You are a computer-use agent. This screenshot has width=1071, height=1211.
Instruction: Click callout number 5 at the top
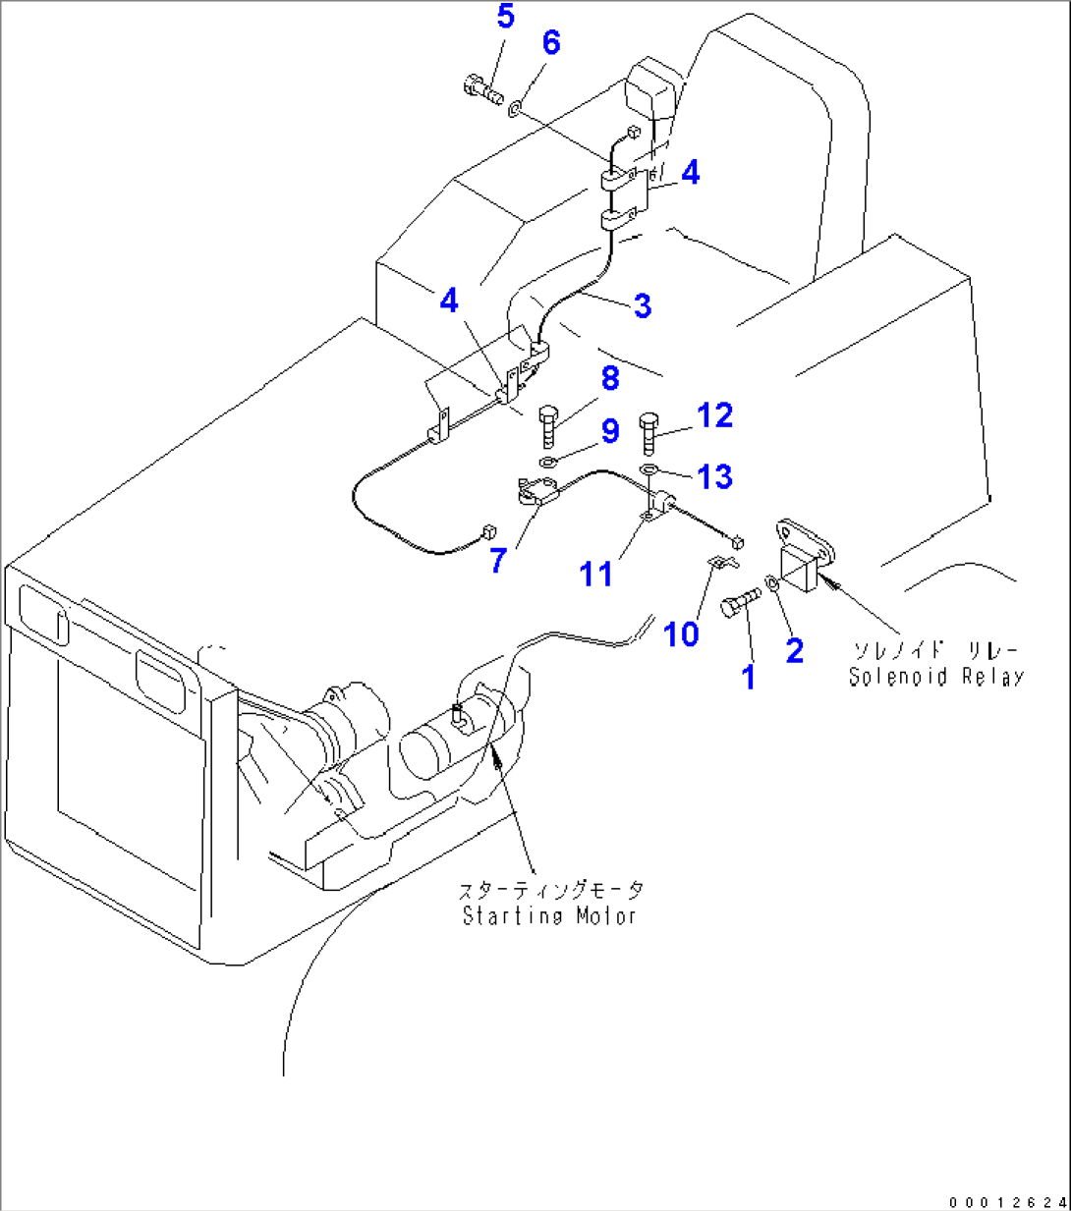505,17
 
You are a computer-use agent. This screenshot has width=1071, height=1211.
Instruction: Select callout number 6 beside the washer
551,43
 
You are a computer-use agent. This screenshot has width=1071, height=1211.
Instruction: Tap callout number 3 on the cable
643,305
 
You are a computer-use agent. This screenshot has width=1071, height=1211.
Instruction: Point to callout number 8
609,378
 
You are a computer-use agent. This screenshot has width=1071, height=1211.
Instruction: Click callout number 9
610,431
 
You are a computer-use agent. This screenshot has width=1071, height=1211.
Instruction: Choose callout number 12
714,415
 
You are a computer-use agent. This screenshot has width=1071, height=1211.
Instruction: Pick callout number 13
714,476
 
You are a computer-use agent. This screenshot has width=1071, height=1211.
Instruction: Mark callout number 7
498,561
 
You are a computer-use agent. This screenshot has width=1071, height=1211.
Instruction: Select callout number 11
596,574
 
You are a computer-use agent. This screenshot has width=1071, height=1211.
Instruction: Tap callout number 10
681,634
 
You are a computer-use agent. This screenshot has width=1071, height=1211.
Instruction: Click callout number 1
749,676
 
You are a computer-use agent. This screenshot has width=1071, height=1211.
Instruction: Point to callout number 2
794,650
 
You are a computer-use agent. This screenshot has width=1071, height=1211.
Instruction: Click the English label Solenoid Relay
936,677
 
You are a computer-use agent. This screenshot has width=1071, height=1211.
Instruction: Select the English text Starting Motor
549,916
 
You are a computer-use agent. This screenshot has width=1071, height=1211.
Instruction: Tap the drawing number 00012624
1007,1201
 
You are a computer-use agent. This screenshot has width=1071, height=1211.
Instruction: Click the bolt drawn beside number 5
481,91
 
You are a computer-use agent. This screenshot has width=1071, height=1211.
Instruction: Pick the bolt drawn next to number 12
648,432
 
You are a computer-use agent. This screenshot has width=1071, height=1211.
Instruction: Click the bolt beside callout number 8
549,426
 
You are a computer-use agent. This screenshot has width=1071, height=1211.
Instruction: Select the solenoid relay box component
803,562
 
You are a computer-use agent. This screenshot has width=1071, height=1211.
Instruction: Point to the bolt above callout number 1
740,602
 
